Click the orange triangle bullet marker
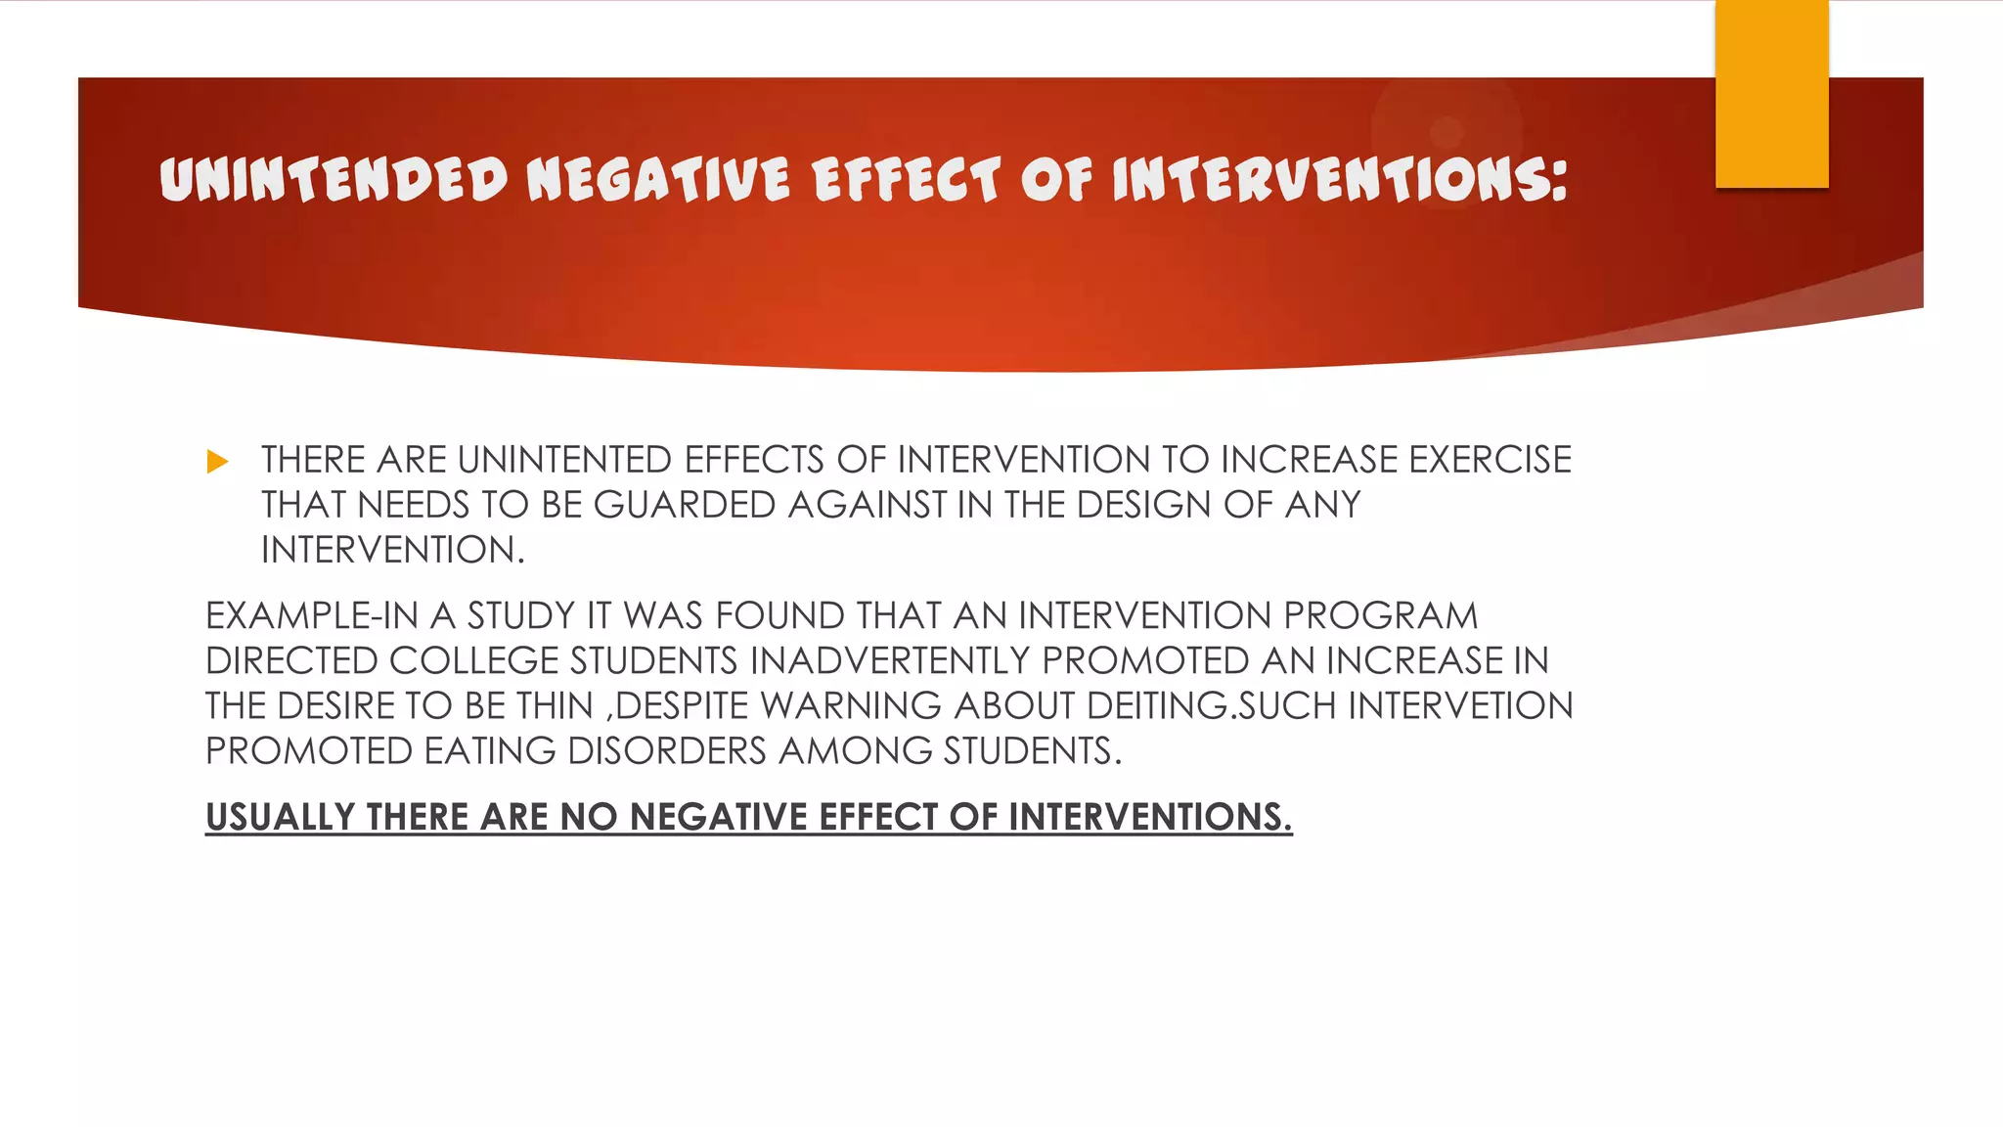[x=218, y=462]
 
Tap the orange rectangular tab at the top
[x=1771, y=94]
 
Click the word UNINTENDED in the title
[x=334, y=180]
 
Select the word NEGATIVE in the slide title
[x=658, y=180]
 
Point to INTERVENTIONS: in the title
[x=1340, y=180]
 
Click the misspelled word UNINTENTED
[x=564, y=460]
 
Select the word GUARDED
[x=685, y=505]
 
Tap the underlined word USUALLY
[x=280, y=817]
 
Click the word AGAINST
[x=868, y=505]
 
